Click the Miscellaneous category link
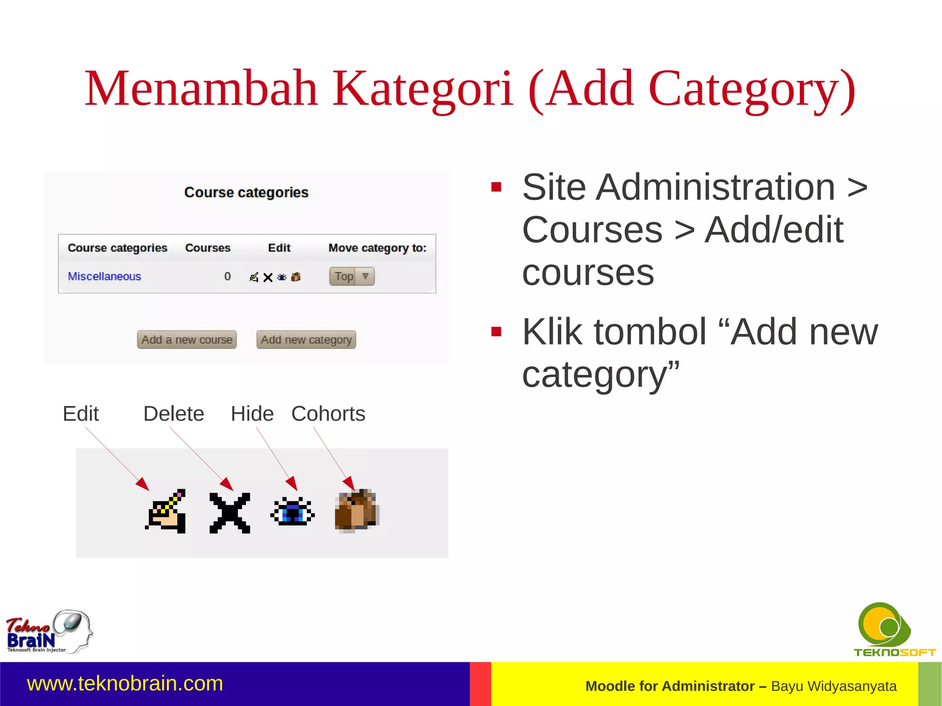(104, 276)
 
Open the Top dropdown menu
(352, 276)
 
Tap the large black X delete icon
(230, 513)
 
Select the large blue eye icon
(293, 511)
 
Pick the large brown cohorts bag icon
(356, 511)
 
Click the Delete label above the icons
(173, 414)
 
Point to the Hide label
(252, 414)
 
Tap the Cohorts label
(328, 414)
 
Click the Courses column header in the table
(207, 248)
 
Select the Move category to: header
(377, 248)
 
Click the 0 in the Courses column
(227, 276)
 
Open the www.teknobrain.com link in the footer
(125, 683)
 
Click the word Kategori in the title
(422, 88)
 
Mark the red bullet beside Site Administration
(496, 187)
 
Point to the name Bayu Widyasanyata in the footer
(833, 686)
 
